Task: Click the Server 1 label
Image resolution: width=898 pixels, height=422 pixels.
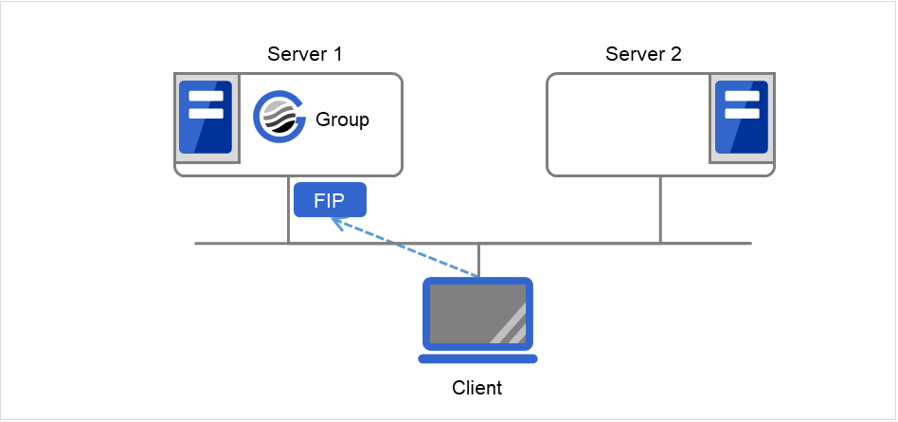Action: [305, 54]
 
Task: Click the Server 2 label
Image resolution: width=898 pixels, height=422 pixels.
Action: [643, 54]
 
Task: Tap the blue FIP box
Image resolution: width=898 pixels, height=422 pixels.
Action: [329, 200]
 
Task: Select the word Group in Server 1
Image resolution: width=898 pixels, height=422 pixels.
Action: [342, 120]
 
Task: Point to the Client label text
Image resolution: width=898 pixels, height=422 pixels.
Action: [477, 388]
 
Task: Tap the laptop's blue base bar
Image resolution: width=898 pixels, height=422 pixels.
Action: [478, 358]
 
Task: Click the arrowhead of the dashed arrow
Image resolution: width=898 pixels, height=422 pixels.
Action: [335, 222]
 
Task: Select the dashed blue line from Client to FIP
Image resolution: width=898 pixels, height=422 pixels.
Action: [407, 249]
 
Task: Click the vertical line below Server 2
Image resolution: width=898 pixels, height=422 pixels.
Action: [660, 210]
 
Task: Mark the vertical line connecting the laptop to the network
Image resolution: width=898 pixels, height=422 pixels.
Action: [478, 260]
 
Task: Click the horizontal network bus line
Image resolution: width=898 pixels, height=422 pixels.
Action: [568, 244]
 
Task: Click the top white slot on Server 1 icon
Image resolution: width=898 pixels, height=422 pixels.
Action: [207, 97]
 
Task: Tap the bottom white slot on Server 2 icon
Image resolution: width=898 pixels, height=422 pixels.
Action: [741, 113]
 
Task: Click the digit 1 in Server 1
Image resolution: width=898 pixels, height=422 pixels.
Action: [336, 54]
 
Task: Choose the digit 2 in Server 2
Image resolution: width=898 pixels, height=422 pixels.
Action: [675, 54]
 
